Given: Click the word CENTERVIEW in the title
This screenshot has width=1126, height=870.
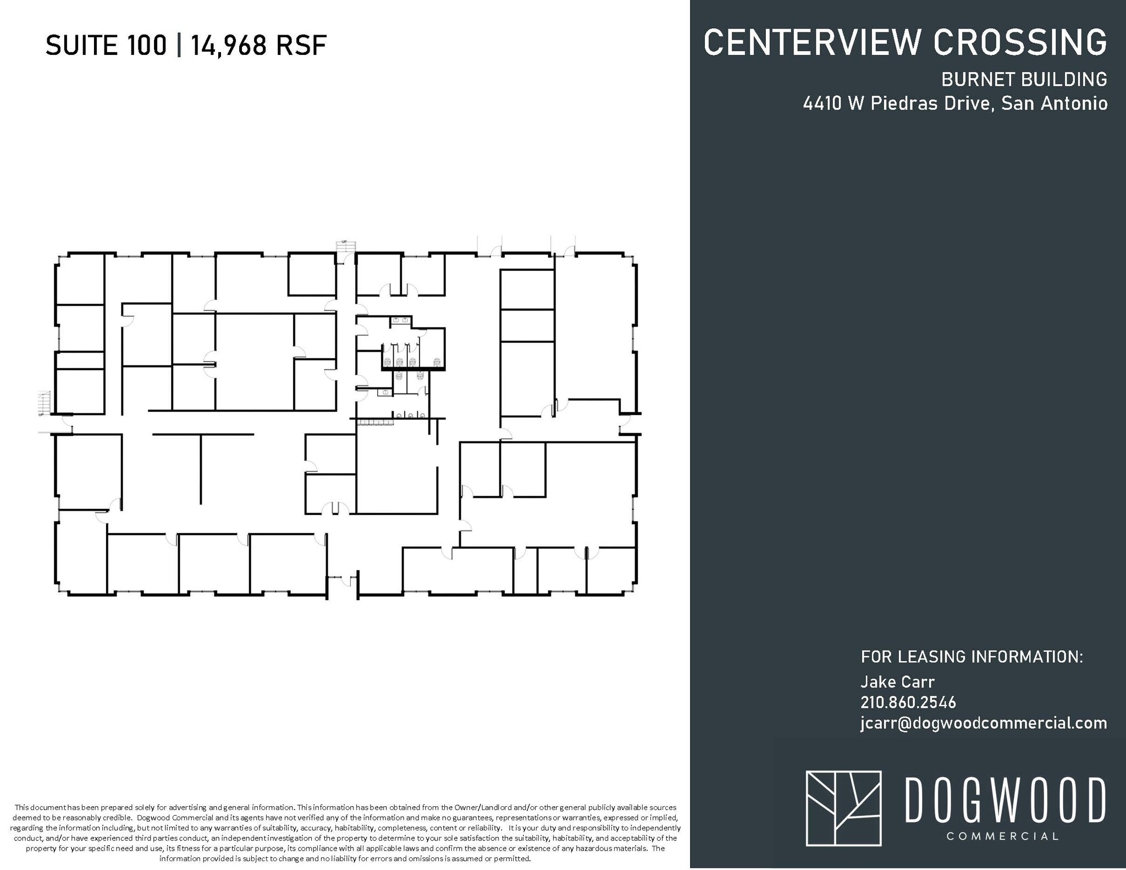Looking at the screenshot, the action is click(813, 42).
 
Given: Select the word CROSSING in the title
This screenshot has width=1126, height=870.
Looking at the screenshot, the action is click(1020, 42).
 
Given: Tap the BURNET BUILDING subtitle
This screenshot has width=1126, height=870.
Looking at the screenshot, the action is click(1024, 80).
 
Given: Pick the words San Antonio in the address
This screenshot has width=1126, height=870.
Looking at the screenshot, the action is click(1054, 103).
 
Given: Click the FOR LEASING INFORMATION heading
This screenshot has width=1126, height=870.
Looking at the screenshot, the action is click(972, 656).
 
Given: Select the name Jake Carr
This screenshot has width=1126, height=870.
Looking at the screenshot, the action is click(897, 681).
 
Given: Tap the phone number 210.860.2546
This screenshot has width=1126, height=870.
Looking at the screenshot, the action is click(908, 702).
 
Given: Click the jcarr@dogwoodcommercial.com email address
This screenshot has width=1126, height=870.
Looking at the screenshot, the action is click(984, 723).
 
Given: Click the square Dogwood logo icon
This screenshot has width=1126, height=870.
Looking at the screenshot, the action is click(843, 808).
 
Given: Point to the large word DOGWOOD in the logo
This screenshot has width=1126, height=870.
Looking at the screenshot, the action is click(1004, 800).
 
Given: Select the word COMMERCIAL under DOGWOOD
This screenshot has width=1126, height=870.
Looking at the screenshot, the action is click(1002, 836).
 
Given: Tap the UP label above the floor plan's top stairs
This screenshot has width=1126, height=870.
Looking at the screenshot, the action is click(344, 241).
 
